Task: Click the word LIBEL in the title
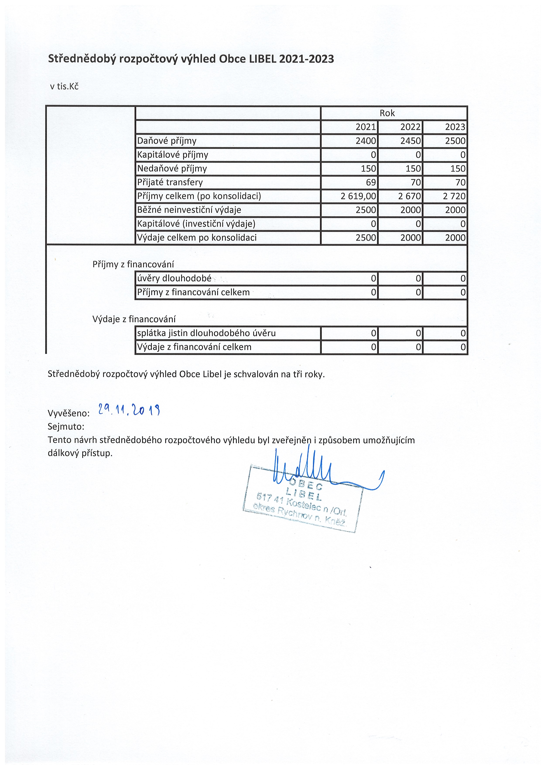point(263,59)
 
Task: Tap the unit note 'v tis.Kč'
point(64,87)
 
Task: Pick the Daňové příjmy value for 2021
point(365,141)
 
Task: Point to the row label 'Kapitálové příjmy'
point(173,155)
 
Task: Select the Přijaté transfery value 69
point(371,183)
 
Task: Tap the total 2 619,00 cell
point(358,196)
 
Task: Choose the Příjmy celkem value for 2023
point(454,196)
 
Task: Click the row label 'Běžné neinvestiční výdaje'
point(189,210)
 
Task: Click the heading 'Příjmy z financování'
point(133,265)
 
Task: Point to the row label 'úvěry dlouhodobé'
point(174,278)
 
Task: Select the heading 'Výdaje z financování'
point(134,319)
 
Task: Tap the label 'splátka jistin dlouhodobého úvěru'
point(206,333)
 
